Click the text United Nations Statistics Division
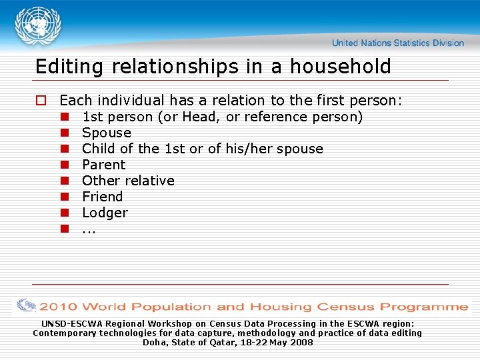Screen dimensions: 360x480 point(397,43)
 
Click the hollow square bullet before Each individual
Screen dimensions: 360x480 point(41,101)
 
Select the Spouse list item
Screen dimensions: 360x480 point(106,133)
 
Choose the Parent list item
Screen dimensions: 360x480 point(103,165)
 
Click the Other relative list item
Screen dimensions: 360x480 point(128,181)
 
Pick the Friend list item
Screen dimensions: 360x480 point(102,197)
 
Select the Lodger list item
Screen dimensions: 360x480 point(104,213)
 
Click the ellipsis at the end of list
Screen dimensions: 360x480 point(89,230)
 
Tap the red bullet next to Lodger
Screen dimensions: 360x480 point(65,213)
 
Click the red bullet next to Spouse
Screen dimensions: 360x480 point(65,133)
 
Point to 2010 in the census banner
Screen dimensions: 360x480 point(59,307)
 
